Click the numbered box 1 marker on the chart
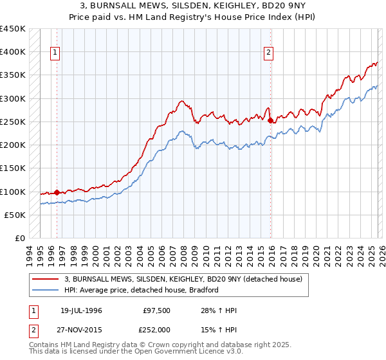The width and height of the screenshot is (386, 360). tap(56, 53)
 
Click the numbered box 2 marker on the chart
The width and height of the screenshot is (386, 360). tap(268, 53)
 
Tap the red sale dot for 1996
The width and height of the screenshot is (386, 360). tap(57, 192)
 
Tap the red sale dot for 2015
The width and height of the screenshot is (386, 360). tap(270, 120)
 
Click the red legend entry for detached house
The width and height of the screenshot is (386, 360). tap(187, 279)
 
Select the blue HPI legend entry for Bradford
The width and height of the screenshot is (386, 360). tap(142, 290)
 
